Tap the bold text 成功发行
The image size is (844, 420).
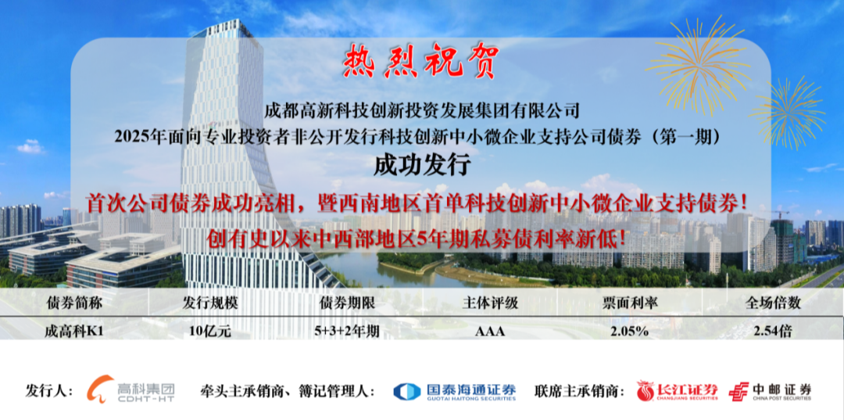pyautogui.click(x=422, y=166)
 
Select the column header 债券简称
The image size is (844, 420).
pyautogui.click(x=74, y=303)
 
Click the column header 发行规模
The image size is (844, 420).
pyautogui.click(x=210, y=303)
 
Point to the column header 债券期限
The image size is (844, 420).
pyautogui.click(x=347, y=303)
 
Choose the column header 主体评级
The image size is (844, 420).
pyautogui.click(x=490, y=303)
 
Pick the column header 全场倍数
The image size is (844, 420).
pyautogui.click(x=773, y=303)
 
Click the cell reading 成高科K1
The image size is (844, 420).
pyautogui.click(x=73, y=331)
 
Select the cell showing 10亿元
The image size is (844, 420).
pyautogui.click(x=210, y=331)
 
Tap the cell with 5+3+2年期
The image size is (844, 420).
pyautogui.click(x=347, y=331)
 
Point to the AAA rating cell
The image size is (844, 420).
pyautogui.click(x=490, y=332)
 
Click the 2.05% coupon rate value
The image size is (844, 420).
pyautogui.click(x=630, y=332)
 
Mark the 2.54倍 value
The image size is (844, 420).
pyautogui.click(x=773, y=331)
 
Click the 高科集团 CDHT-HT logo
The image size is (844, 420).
pyautogui.click(x=131, y=389)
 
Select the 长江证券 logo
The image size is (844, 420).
pyautogui.click(x=677, y=391)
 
